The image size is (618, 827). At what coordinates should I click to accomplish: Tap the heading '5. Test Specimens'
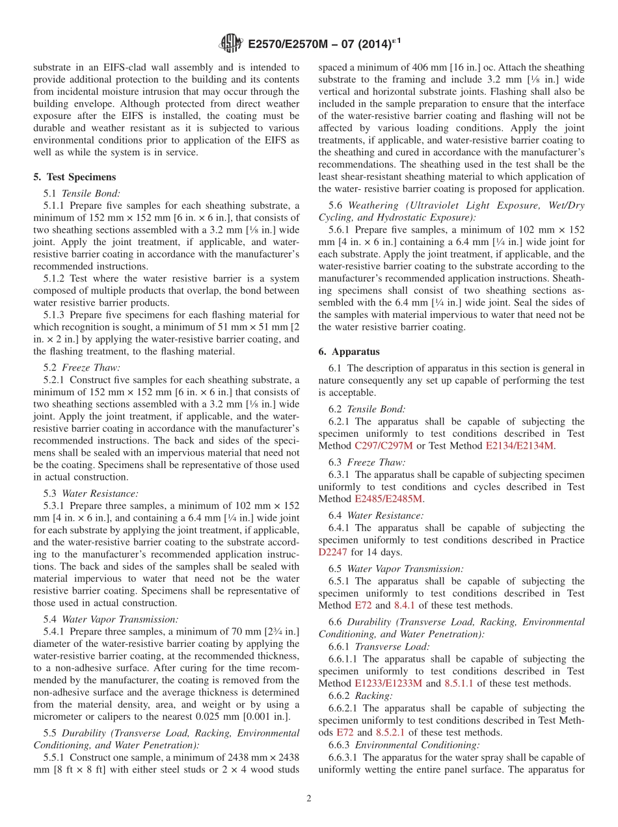click(74, 177)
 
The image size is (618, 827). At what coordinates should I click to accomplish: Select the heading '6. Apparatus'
click(349, 352)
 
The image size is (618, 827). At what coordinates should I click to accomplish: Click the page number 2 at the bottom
click(308, 798)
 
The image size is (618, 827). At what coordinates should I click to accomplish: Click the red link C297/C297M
click(383, 445)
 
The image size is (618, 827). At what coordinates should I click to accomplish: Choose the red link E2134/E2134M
click(519, 445)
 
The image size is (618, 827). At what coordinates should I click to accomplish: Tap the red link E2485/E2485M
click(388, 499)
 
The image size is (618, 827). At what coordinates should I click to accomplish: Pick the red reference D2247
click(333, 552)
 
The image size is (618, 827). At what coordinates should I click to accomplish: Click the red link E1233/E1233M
click(388, 683)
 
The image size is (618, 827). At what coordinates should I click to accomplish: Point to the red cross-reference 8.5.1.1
click(459, 683)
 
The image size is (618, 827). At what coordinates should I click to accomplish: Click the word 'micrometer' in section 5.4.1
click(58, 716)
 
